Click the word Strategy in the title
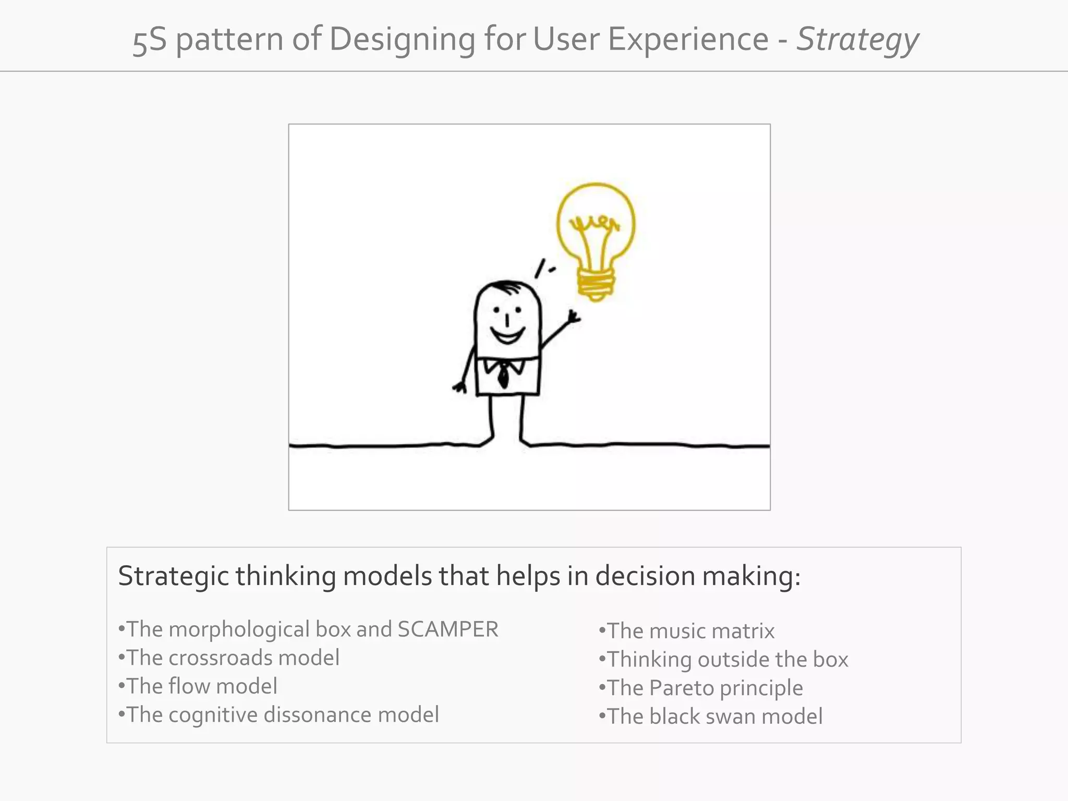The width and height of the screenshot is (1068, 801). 857,40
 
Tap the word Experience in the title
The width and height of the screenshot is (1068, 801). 688,40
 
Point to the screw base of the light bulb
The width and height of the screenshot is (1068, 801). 596,284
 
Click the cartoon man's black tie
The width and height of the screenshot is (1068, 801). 503,374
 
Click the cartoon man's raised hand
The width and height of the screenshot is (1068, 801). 574,317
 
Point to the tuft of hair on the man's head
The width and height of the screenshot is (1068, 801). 506,286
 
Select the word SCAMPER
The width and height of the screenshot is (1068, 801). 447,629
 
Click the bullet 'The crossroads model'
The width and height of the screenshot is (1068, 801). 229,658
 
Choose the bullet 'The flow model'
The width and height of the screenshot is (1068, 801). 198,686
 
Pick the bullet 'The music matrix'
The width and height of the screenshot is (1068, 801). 687,632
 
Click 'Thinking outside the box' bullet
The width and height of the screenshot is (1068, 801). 724,660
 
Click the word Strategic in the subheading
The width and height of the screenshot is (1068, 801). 173,577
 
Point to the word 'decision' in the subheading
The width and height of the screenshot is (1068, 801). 645,577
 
